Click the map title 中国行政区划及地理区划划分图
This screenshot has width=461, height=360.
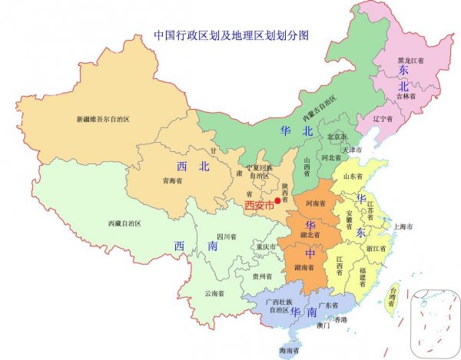[230, 35]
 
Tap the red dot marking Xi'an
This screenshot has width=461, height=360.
[278, 201]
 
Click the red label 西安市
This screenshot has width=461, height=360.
[259, 205]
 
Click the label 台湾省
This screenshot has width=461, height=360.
[393, 296]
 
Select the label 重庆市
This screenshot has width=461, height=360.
[266, 246]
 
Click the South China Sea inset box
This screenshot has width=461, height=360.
[432, 322]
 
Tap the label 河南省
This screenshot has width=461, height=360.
[317, 204]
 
